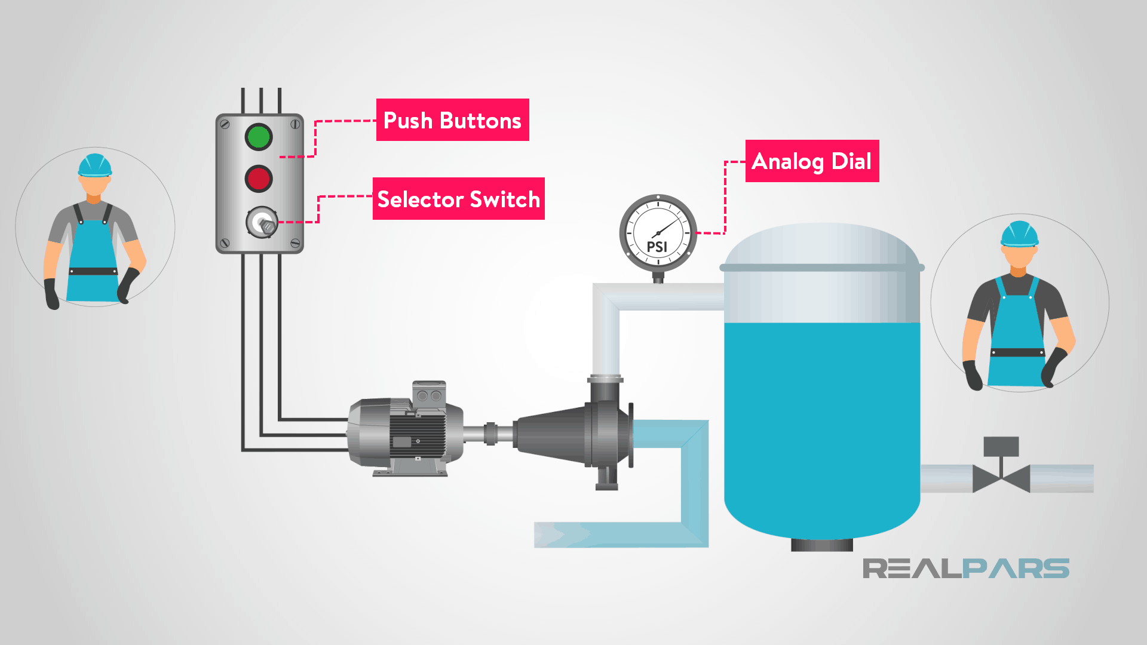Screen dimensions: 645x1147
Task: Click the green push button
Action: [x=259, y=137]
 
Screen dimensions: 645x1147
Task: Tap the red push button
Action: [x=259, y=179]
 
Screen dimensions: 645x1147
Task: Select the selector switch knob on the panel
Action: [x=262, y=223]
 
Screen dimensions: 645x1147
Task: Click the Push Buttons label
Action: [x=452, y=120]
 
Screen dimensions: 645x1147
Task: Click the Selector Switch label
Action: [x=458, y=199]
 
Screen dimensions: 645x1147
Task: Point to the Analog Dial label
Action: [x=812, y=161]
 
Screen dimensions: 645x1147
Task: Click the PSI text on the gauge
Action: [x=657, y=247]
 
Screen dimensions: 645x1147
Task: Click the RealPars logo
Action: [x=965, y=569]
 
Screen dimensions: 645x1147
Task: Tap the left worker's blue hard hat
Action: [x=94, y=165]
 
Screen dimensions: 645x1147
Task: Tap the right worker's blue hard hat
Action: [x=1019, y=234]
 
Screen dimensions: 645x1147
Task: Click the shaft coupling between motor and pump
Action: [x=490, y=434]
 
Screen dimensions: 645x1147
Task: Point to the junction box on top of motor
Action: [x=429, y=394]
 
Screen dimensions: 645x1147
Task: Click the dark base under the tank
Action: [x=822, y=545]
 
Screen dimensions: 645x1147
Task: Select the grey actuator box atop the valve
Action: [x=1001, y=446]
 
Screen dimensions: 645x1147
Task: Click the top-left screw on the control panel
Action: [x=225, y=124]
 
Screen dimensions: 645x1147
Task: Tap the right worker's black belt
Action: [x=1018, y=352]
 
